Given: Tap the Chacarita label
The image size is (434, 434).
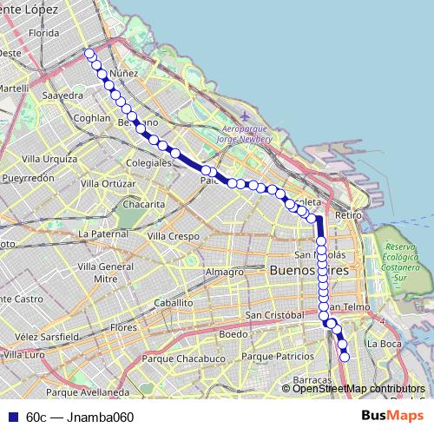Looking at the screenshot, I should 143,203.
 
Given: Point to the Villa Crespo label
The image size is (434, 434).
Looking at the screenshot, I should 174,236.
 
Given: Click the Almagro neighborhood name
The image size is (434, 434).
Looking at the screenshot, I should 225,272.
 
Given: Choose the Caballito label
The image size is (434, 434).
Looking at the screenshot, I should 173,302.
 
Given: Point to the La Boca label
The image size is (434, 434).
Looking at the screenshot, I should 382,344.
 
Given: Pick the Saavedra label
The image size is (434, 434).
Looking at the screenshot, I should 62,95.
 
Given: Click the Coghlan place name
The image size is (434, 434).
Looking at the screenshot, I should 90,118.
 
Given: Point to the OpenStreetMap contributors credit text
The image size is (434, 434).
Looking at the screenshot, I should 358,389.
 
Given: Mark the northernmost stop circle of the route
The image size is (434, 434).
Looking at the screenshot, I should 89,53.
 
